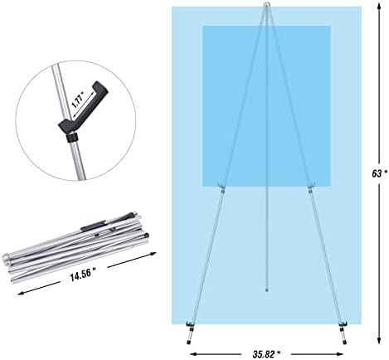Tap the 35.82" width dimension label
click(266, 354)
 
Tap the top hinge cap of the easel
click(266, 5)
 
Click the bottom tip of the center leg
click(266, 290)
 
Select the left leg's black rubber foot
click(189, 343)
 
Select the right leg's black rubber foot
click(344, 343)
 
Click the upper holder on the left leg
click(221, 185)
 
